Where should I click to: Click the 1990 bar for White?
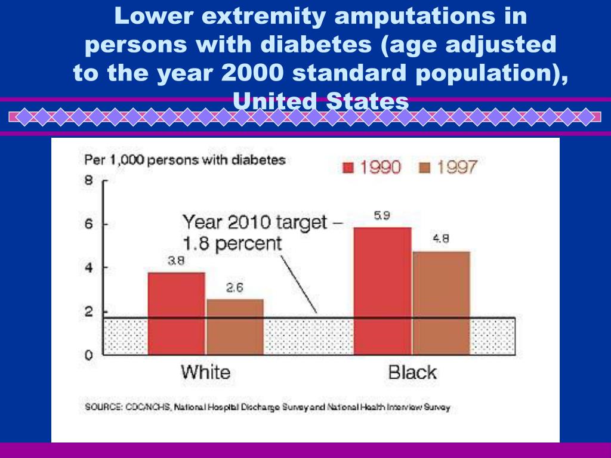[177, 313]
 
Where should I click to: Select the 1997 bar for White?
[235, 327]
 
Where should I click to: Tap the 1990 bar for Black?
[382, 291]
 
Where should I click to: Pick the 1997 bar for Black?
[441, 303]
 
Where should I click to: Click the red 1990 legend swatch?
[347, 168]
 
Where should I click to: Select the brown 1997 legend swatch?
[425, 168]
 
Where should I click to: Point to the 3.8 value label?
[175, 261]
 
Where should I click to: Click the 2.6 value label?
[234, 287]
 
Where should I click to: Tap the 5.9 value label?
[382, 216]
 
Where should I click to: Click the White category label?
[205, 373]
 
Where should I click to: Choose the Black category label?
[412, 373]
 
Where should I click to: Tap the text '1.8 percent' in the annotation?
[232, 243]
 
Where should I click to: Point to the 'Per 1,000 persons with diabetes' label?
[185, 160]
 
